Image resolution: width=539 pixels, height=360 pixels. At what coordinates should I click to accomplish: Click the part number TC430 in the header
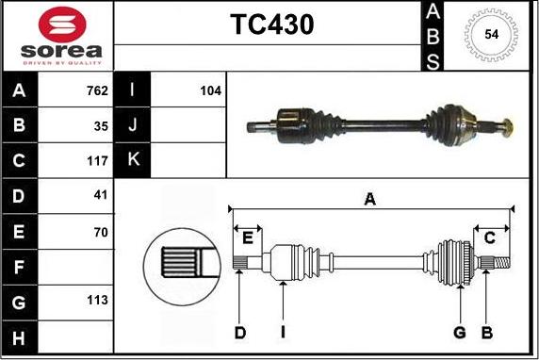tap(272, 25)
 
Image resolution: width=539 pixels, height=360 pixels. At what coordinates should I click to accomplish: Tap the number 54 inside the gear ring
tap(491, 34)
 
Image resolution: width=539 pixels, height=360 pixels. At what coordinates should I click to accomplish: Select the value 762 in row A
tap(96, 91)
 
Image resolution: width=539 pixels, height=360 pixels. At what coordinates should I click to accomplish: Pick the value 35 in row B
tap(101, 125)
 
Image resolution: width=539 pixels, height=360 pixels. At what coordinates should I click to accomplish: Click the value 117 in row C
tap(96, 160)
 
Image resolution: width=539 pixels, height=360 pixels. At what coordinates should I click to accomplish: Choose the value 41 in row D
tap(101, 195)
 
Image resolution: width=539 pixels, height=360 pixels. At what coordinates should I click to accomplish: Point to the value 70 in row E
tap(101, 231)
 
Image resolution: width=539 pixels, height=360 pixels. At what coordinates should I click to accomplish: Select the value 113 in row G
tap(96, 302)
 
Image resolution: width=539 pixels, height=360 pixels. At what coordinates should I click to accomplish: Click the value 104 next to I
tap(210, 91)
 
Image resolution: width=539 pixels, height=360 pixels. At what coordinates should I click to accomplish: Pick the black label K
tap(132, 160)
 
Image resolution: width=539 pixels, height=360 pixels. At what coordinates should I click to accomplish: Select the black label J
tap(132, 125)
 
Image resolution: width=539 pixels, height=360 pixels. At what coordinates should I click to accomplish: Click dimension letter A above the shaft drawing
tap(370, 199)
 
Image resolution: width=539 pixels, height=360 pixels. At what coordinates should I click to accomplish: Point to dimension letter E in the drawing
tap(249, 237)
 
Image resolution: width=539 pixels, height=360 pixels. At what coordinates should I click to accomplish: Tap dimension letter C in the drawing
tap(489, 237)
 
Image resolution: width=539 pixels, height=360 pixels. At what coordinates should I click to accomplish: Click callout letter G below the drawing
tap(460, 332)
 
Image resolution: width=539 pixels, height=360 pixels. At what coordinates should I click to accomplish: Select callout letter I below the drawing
tap(283, 332)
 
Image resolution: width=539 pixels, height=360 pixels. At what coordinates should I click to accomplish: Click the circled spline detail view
tap(178, 258)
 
